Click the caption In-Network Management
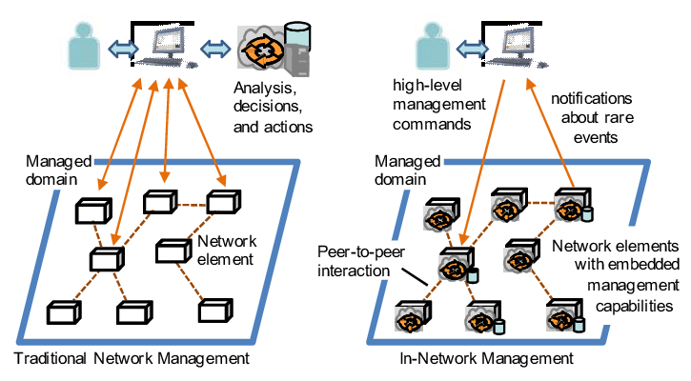(x=487, y=359)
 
